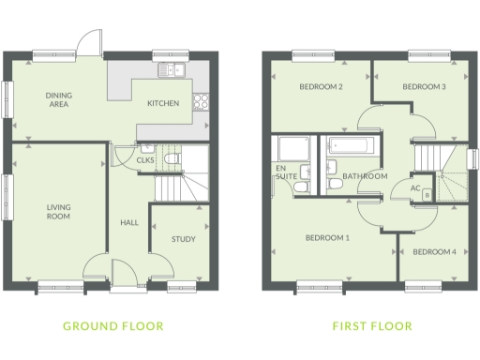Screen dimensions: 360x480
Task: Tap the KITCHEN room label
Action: (163, 104)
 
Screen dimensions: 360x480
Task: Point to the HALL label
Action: (130, 221)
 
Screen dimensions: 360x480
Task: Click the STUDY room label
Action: (183, 239)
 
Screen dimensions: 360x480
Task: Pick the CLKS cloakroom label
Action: (145, 160)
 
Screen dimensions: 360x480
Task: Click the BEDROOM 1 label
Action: (327, 238)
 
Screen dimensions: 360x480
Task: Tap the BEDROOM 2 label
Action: (320, 87)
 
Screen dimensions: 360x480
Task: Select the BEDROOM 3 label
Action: (423, 87)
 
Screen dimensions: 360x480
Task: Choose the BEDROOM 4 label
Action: (434, 251)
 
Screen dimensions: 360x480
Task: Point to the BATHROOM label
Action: (364, 176)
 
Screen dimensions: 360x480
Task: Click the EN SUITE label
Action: (280, 172)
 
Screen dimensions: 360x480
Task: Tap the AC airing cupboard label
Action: (413, 187)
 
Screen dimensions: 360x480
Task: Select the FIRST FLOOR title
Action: (371, 327)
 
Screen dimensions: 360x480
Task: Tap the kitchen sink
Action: (172, 69)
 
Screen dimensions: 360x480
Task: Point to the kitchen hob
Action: (200, 102)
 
